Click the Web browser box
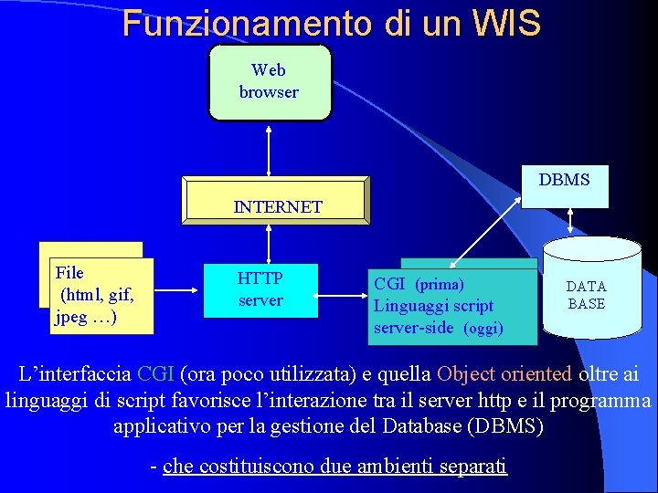point(269,81)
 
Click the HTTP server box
point(260,289)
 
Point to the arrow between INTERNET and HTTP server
point(269,244)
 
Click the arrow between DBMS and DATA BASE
point(570,222)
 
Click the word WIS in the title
point(507,23)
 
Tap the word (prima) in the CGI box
point(440,285)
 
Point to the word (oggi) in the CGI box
point(483,329)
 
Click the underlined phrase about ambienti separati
point(334,466)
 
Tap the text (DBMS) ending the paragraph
point(504,425)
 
